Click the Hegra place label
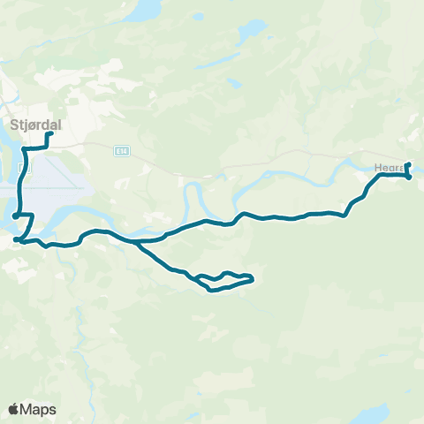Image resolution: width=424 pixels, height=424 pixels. (389, 166)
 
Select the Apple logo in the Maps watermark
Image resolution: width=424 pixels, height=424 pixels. (13, 409)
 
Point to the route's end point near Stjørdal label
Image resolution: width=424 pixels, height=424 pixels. (49, 134)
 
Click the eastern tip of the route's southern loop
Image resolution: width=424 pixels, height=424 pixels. (253, 280)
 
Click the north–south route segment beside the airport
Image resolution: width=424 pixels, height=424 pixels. (21, 185)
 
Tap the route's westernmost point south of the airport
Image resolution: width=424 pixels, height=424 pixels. (15, 238)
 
